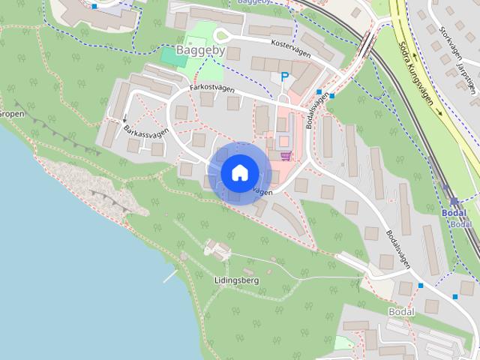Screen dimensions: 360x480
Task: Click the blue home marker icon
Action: click(238, 173)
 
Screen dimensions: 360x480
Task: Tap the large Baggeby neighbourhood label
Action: click(201, 51)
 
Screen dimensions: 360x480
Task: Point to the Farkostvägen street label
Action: click(212, 88)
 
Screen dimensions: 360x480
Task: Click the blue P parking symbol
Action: click(284, 76)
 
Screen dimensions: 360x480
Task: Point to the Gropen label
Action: click(12, 114)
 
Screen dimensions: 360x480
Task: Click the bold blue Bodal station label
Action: click(454, 213)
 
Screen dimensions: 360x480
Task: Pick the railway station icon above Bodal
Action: click(454, 201)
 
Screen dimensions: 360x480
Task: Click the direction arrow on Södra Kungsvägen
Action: click(439, 112)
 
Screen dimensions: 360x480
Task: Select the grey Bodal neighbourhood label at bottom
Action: click(401, 311)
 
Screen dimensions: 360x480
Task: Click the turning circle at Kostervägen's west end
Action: click(220, 35)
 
